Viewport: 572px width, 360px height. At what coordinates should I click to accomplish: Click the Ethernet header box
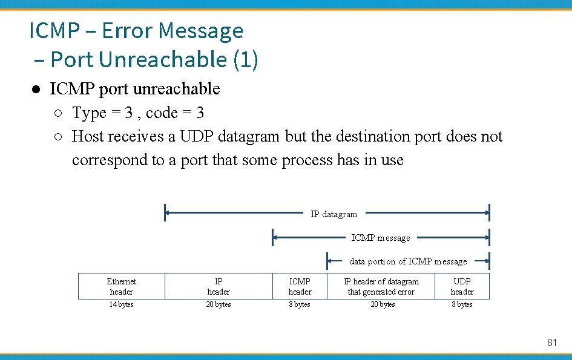[x=121, y=286]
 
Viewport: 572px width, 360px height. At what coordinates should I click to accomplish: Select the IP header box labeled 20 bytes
[x=219, y=286]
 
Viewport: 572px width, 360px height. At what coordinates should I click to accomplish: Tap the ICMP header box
[x=300, y=286]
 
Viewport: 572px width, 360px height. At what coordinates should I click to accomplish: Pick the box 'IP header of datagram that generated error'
[x=381, y=286]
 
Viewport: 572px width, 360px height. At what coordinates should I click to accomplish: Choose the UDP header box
[x=462, y=286]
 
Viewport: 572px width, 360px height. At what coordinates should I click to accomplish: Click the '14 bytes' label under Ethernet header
[x=121, y=304]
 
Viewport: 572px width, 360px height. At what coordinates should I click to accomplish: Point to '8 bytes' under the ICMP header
[x=300, y=304]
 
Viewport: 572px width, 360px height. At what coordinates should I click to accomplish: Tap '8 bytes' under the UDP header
[x=462, y=304]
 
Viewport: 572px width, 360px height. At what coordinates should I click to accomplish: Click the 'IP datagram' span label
[x=334, y=214]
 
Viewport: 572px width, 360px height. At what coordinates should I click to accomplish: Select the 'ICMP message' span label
[x=380, y=238]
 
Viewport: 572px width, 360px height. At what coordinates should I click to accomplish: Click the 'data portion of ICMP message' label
[x=408, y=261]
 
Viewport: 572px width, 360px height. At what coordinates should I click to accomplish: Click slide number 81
[x=551, y=342]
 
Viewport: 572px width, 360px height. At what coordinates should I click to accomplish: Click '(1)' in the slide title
[x=245, y=59]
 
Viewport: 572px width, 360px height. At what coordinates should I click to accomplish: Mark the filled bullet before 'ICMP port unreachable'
[x=36, y=90]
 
